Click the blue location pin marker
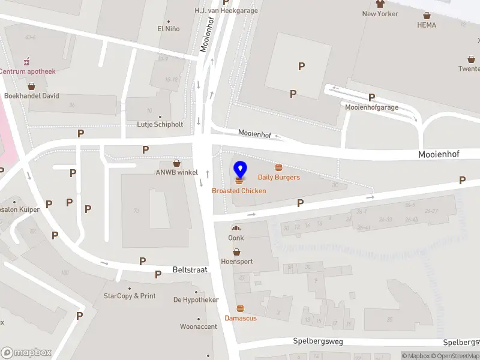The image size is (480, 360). (x=239, y=169)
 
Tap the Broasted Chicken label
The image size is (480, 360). (x=239, y=191)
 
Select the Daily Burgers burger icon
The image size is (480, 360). (x=278, y=167)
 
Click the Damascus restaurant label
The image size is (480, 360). (x=241, y=318)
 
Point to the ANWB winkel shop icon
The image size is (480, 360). (x=177, y=163)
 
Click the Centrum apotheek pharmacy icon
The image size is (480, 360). (x=26, y=61)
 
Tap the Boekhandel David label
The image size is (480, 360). (x=31, y=95)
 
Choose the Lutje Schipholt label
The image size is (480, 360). (x=160, y=124)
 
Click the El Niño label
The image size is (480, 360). (x=169, y=28)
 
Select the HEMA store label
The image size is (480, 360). (x=427, y=25)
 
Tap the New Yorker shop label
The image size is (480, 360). (x=380, y=14)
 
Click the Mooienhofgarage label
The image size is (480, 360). (x=372, y=107)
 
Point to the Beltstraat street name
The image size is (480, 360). (x=190, y=270)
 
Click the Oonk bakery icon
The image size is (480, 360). (x=236, y=229)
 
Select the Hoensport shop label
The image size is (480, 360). (x=237, y=262)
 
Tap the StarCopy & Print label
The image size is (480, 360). (x=130, y=296)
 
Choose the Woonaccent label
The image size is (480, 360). (x=199, y=327)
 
